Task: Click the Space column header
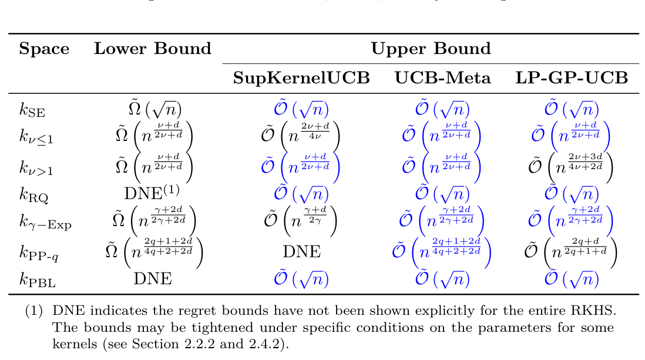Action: click(44, 49)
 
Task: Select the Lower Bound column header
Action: click(153, 49)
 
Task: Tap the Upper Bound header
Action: click(431, 49)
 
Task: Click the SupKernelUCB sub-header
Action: click(301, 78)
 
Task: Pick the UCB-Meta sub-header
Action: click(442, 78)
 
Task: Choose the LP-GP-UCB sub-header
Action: click(572, 78)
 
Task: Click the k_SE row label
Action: click(32, 110)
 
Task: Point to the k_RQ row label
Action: click(33, 194)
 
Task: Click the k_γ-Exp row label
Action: click(45, 222)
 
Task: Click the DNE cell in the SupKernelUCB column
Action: click(301, 251)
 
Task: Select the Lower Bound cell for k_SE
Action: click(154, 109)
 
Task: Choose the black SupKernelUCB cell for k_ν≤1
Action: click(301, 136)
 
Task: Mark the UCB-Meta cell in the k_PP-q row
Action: click(441, 251)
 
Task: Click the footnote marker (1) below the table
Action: click(33, 310)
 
